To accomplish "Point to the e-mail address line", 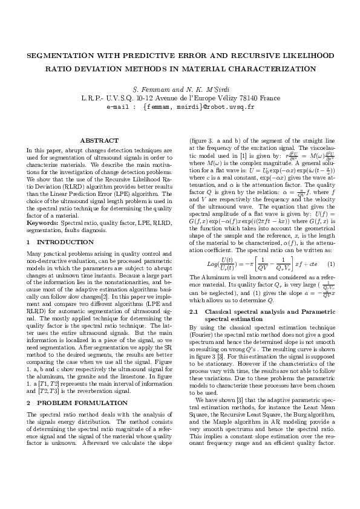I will coord(180,106).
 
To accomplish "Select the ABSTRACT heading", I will coord(99,140).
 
